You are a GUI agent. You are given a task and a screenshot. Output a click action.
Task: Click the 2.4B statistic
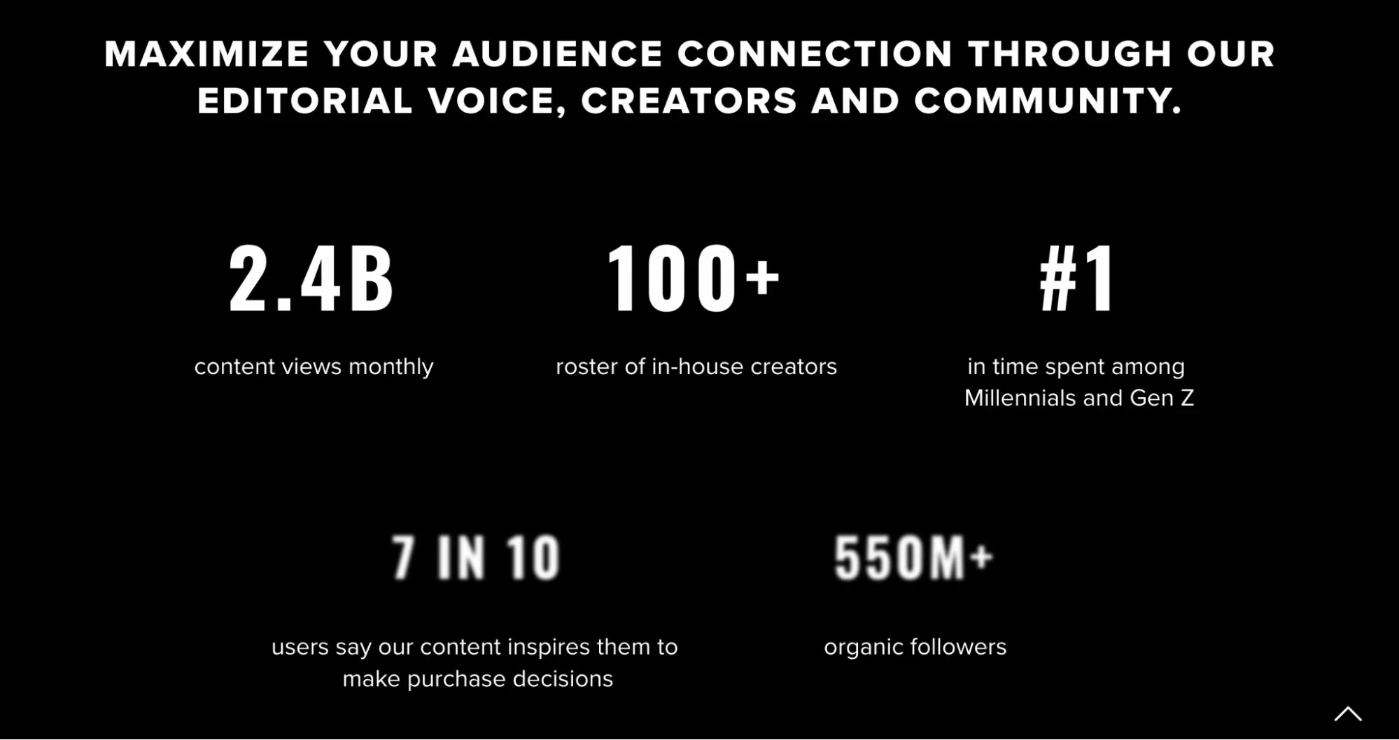(311, 278)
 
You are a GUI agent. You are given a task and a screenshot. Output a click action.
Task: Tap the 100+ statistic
(692, 278)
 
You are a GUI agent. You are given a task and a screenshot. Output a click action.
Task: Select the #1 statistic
(1077, 278)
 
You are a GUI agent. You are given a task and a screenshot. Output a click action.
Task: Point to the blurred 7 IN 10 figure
(476, 557)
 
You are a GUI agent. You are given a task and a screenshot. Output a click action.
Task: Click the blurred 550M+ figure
(913, 557)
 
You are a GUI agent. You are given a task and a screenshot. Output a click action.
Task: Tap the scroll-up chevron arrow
(1347, 714)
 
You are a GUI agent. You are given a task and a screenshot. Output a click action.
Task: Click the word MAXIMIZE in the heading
(206, 55)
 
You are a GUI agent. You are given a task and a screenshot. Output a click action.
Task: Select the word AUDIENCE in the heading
(557, 55)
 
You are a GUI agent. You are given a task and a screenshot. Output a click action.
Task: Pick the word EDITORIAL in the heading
(305, 101)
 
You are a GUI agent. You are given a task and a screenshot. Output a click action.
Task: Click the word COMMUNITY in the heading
(1048, 101)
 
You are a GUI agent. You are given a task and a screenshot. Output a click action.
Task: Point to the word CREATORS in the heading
(689, 101)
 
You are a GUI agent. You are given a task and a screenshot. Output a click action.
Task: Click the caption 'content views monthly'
(314, 367)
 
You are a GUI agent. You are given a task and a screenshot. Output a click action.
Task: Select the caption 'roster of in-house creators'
(696, 367)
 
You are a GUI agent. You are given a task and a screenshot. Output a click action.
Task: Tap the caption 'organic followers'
(915, 647)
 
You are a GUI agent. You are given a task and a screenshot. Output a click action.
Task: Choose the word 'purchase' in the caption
(456, 679)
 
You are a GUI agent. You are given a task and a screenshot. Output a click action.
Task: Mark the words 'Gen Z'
(1162, 398)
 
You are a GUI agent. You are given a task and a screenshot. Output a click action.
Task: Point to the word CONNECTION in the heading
(815, 55)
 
